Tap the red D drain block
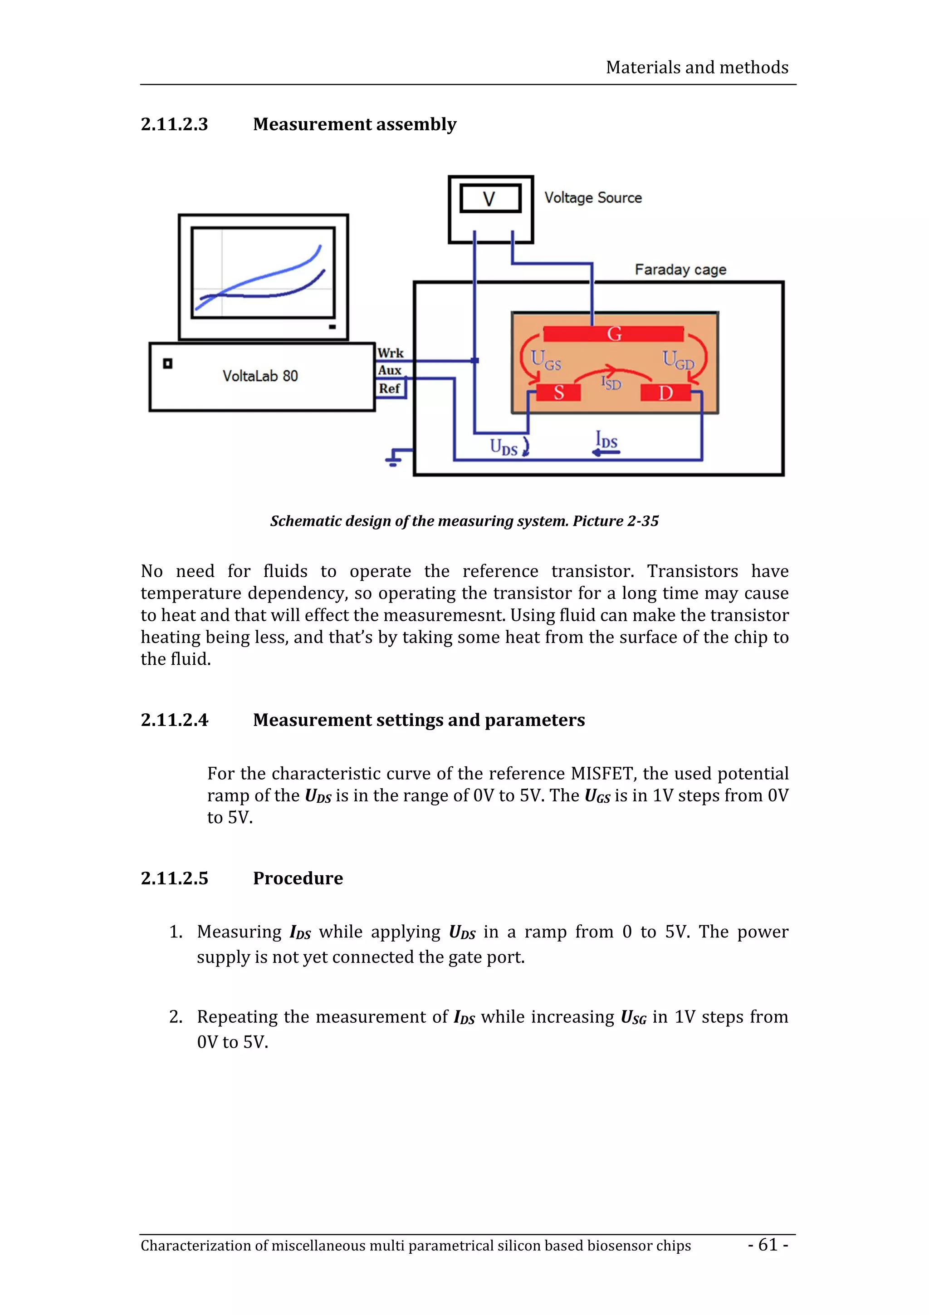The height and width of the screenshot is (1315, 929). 665,393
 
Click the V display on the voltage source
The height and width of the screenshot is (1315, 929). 490,199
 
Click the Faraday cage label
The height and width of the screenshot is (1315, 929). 680,269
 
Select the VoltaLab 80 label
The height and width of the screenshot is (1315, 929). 260,376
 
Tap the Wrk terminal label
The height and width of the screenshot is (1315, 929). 391,353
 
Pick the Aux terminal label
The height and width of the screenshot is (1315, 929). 389,371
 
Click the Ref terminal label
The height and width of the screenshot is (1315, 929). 389,388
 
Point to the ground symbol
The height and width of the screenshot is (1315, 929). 394,458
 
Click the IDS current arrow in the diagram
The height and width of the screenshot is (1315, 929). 606,452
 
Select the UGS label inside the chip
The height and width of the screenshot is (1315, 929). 546,360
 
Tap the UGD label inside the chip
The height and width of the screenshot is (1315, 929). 678,361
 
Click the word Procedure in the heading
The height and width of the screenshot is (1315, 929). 298,878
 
